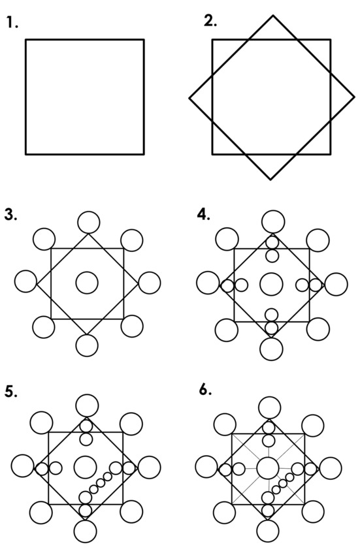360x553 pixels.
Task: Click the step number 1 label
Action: click(12, 23)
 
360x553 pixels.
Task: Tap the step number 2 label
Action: click(210, 21)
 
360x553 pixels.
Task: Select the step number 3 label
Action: click(11, 214)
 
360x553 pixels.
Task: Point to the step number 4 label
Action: click(204, 214)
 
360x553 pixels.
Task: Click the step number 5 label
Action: click(11, 392)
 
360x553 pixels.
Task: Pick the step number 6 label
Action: click(205, 390)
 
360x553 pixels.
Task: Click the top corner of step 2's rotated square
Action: click(273, 16)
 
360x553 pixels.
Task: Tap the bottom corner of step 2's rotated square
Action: click(270, 180)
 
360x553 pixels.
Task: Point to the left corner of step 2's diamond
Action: click(189, 98)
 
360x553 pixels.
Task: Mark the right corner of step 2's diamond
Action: click(354, 97)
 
